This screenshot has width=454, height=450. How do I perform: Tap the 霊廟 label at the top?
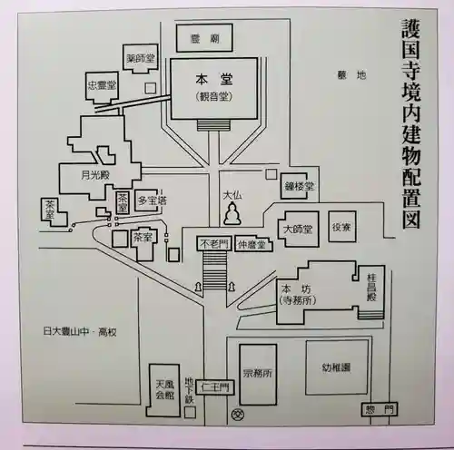[x=202, y=39]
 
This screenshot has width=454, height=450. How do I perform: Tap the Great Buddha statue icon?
[x=232, y=215]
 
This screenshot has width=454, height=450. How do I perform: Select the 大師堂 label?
[x=297, y=228]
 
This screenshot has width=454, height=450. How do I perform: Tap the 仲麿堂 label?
[x=251, y=243]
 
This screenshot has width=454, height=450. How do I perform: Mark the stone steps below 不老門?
[x=214, y=269]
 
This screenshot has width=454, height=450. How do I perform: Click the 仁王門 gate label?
[x=217, y=385]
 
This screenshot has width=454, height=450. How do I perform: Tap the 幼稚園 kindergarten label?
[x=336, y=368]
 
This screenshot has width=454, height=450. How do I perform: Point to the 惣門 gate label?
[x=379, y=406]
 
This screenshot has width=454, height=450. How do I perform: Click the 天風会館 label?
[x=163, y=390]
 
